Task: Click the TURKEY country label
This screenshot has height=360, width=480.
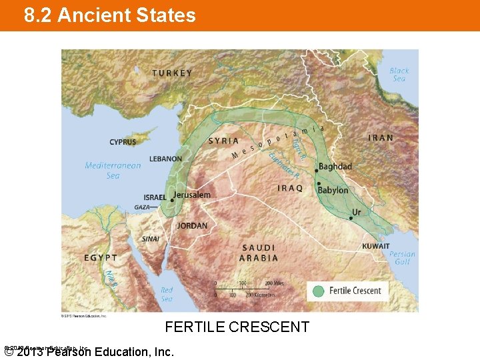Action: pos(172,73)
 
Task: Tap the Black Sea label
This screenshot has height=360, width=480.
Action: pos(399,74)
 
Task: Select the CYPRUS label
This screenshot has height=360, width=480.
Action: pos(123,142)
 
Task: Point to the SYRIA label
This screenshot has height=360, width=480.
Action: pos(223,141)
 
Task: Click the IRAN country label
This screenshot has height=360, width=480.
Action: pos(381,138)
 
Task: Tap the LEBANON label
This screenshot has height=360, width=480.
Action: pos(165,159)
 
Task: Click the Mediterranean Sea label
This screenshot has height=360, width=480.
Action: pos(113,170)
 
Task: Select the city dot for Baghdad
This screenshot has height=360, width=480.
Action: pos(316,170)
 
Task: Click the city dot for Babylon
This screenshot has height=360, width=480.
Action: pos(319,183)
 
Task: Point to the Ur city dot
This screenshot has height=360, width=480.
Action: pos(351,217)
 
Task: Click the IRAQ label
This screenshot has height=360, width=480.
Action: pos(290,189)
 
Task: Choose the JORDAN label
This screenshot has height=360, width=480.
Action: pos(192,226)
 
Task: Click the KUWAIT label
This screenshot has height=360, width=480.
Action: pos(376,246)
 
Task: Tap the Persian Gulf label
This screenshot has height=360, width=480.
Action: pos(402,258)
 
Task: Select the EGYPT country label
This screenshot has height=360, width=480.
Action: pos(101,257)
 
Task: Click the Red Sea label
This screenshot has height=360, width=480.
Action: pos(167,294)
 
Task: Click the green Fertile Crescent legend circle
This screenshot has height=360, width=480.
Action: pos(319,291)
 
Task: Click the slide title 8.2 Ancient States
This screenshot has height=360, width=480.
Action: pos(110,15)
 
